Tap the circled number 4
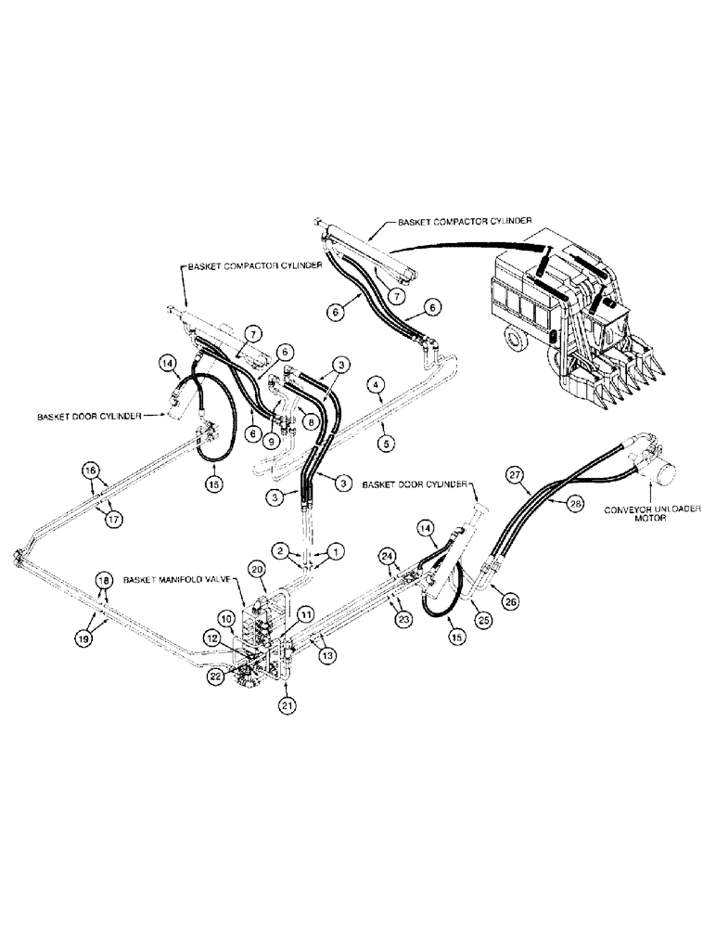click(x=375, y=382)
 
